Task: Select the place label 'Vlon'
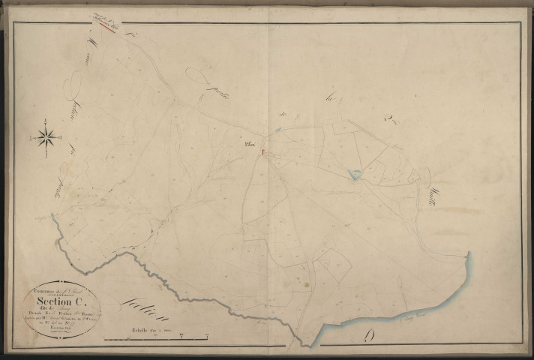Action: coord(250,145)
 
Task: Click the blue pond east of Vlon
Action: coord(353,175)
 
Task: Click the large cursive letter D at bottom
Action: coord(370,334)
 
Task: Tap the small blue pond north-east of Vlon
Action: coord(277,129)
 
